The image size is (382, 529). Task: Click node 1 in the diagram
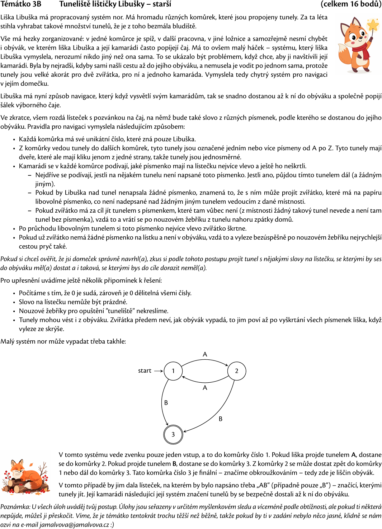pyautogui.click(x=173, y=371)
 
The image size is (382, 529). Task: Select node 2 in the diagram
pyautogui.click(x=237, y=371)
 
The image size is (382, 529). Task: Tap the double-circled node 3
pyautogui.click(x=173, y=434)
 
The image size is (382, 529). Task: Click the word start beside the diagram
pyautogui.click(x=145, y=371)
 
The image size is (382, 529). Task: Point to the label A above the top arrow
pyautogui.click(x=205, y=354)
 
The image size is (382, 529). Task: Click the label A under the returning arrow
pyautogui.click(x=205, y=388)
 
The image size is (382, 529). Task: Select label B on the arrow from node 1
pyautogui.click(x=166, y=403)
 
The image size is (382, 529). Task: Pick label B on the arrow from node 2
pyautogui.click(x=221, y=419)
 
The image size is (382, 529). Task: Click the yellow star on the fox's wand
pyautogui.click(x=373, y=25)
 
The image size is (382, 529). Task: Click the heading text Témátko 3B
pyautogui.click(x=21, y=4)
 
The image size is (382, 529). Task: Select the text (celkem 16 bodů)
pyautogui.click(x=351, y=4)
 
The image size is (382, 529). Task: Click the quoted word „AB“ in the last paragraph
pyautogui.click(x=263, y=485)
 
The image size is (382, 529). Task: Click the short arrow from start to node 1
pyautogui.click(x=159, y=371)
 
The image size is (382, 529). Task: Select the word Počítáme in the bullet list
pyautogui.click(x=31, y=293)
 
